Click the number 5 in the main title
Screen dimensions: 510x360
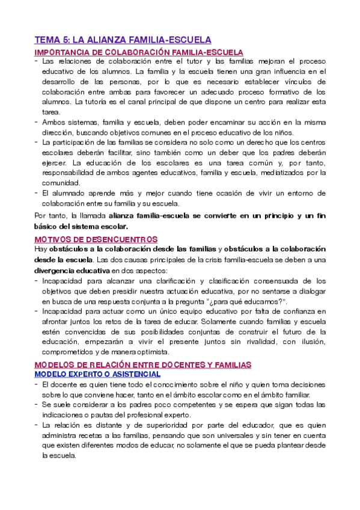(66, 40)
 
